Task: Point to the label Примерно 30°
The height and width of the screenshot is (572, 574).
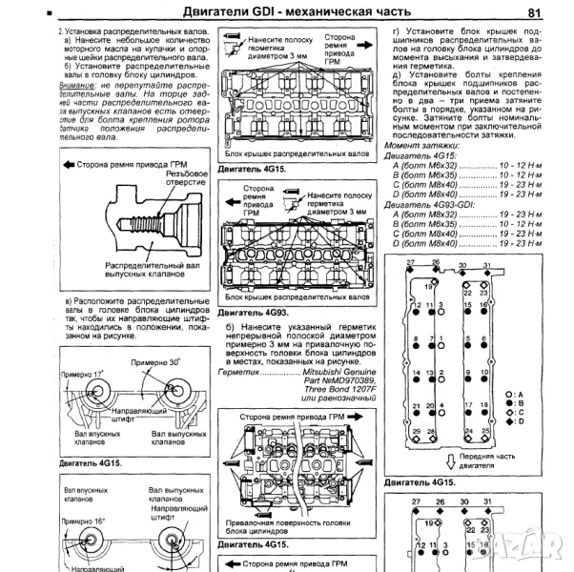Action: coord(156,363)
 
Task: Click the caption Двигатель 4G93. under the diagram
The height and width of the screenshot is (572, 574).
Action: coord(250,311)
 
